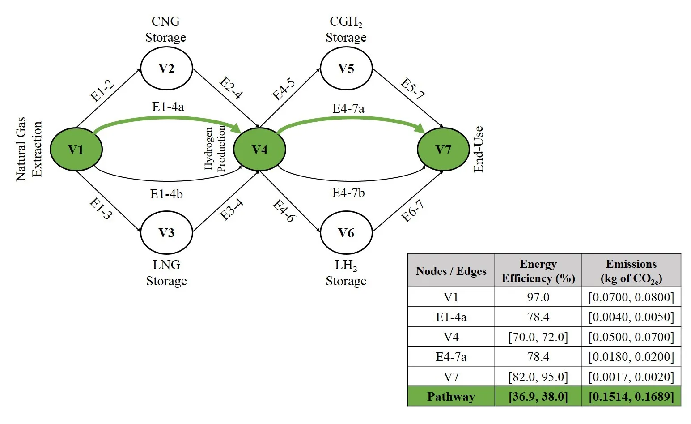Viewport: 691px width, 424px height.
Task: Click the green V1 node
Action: pos(76,149)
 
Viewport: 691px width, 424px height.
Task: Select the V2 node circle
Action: pos(166,69)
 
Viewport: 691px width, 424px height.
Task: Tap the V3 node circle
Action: pos(166,233)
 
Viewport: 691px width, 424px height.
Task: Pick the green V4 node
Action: pos(259,149)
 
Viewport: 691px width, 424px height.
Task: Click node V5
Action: pos(346,69)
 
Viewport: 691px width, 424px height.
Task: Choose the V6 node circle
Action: pos(346,233)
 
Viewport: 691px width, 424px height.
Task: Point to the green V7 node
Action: pos(443,149)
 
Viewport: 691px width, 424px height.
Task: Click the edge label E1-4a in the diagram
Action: pos(168,107)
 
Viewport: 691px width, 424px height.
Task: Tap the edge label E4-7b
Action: pos(348,193)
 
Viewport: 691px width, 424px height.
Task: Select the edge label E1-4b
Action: pos(166,194)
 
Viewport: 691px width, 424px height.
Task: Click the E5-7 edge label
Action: pos(412,89)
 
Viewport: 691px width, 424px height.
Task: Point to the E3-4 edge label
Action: pos(232,210)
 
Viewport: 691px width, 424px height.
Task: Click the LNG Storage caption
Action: pos(166,273)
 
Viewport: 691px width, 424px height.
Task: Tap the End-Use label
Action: pos(479,149)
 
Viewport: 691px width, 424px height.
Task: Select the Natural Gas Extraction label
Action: pos(29,149)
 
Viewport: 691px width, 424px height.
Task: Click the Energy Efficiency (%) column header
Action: pos(538,271)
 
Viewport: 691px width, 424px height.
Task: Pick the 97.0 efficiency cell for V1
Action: pos(538,297)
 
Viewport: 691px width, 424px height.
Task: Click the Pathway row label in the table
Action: pos(451,397)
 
